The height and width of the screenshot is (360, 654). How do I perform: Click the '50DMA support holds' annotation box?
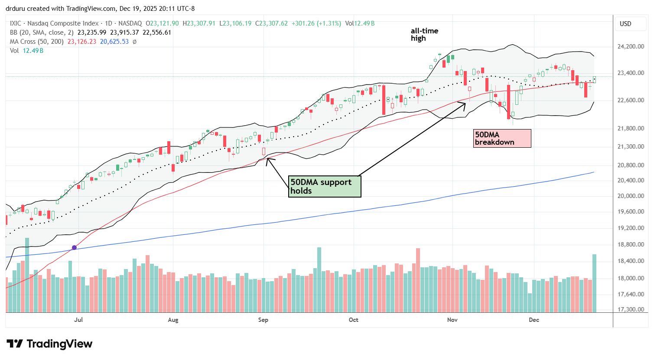point(325,186)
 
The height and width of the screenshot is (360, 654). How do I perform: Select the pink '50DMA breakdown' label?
point(502,138)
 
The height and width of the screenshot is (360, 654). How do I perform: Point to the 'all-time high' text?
point(424,34)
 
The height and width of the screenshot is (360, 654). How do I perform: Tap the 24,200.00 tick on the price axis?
point(630,47)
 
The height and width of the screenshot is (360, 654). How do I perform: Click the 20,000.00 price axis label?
point(630,196)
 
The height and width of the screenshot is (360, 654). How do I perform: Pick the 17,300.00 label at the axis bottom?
point(630,310)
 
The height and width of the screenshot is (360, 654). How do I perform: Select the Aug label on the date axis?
point(173,320)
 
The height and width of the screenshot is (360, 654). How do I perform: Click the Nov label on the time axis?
point(452,320)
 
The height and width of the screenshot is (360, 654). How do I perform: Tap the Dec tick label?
point(534,320)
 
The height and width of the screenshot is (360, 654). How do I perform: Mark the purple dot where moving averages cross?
point(74,247)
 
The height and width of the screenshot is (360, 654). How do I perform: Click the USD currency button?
point(625,24)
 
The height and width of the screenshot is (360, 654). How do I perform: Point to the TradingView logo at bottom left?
point(49,344)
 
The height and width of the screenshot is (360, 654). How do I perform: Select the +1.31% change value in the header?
point(330,23)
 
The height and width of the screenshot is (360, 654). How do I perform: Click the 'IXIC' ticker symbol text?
point(17,23)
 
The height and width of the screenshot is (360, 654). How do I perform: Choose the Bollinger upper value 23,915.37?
point(125,32)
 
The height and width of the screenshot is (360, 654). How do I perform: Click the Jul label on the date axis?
point(78,320)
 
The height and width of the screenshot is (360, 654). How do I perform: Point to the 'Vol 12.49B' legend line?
point(26,51)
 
